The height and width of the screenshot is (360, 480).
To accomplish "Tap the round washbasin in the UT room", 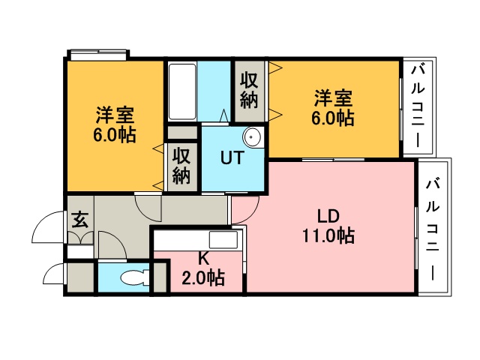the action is [x=253, y=136].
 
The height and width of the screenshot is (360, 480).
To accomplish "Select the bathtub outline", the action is [x=182, y=91].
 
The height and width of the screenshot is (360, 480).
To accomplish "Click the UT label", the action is [x=232, y=157].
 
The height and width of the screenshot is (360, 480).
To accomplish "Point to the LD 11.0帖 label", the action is [x=328, y=226].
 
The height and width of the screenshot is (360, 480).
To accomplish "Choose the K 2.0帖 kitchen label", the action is [x=203, y=268].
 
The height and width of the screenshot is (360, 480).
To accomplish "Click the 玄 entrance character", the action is [x=80, y=220].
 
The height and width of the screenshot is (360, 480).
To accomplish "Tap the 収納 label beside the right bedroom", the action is [x=249, y=90].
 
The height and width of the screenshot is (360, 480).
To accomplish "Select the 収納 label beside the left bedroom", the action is [x=181, y=166].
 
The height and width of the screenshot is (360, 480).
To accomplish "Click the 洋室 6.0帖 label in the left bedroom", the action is [x=115, y=124].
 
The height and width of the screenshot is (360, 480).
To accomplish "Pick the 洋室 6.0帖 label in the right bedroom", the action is [x=333, y=108].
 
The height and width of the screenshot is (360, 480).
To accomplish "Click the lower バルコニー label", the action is [x=433, y=230].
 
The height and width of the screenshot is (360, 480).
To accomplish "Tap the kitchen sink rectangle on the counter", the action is [x=223, y=239].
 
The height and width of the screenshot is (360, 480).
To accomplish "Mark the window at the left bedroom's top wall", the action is [x=98, y=55].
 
